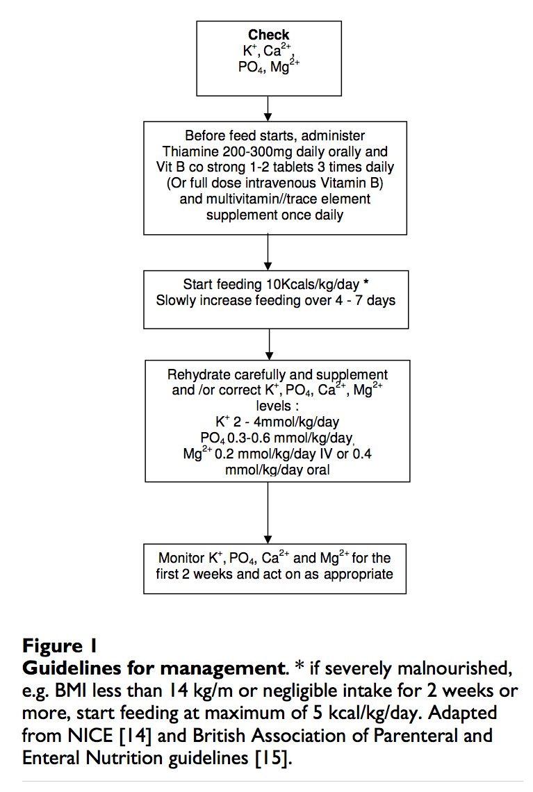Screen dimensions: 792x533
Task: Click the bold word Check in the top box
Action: pos(268,35)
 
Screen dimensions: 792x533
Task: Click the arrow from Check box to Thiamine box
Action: pos(268,108)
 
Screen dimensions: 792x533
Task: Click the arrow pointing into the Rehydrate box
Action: pos(268,343)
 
